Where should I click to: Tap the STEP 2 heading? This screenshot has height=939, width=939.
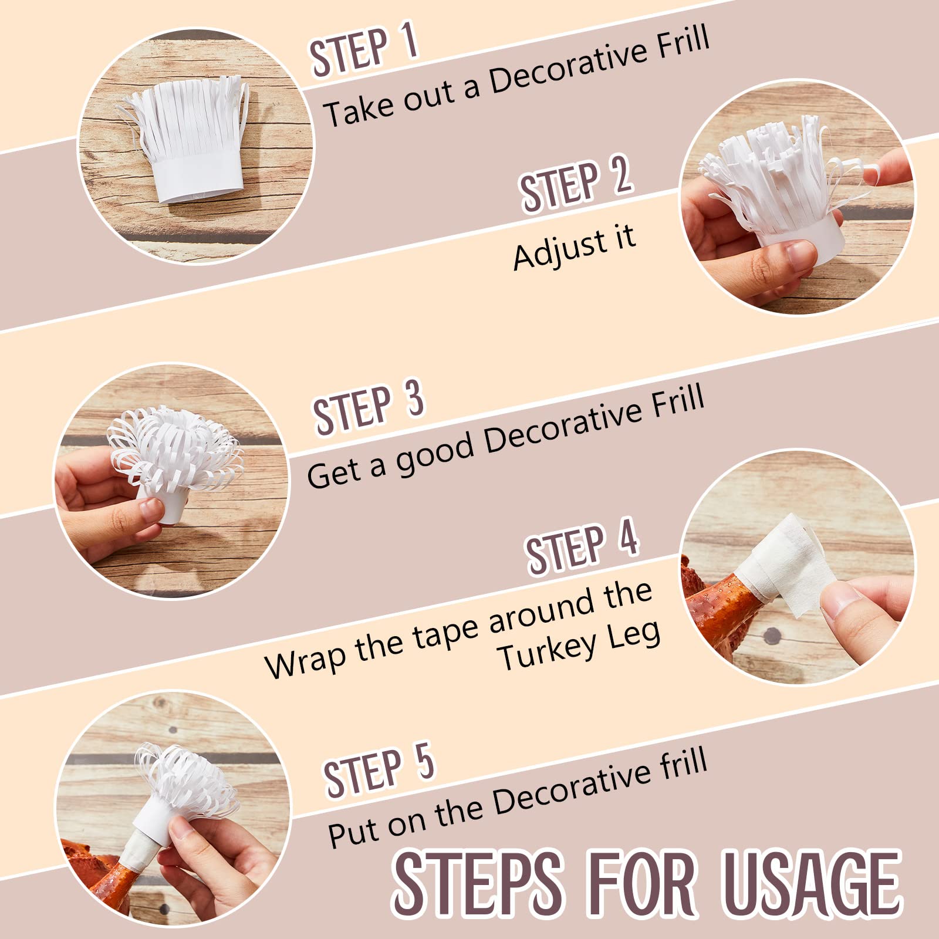[576, 184]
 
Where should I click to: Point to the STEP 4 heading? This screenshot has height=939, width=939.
[582, 546]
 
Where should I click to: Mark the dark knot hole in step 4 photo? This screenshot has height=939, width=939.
[772, 635]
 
